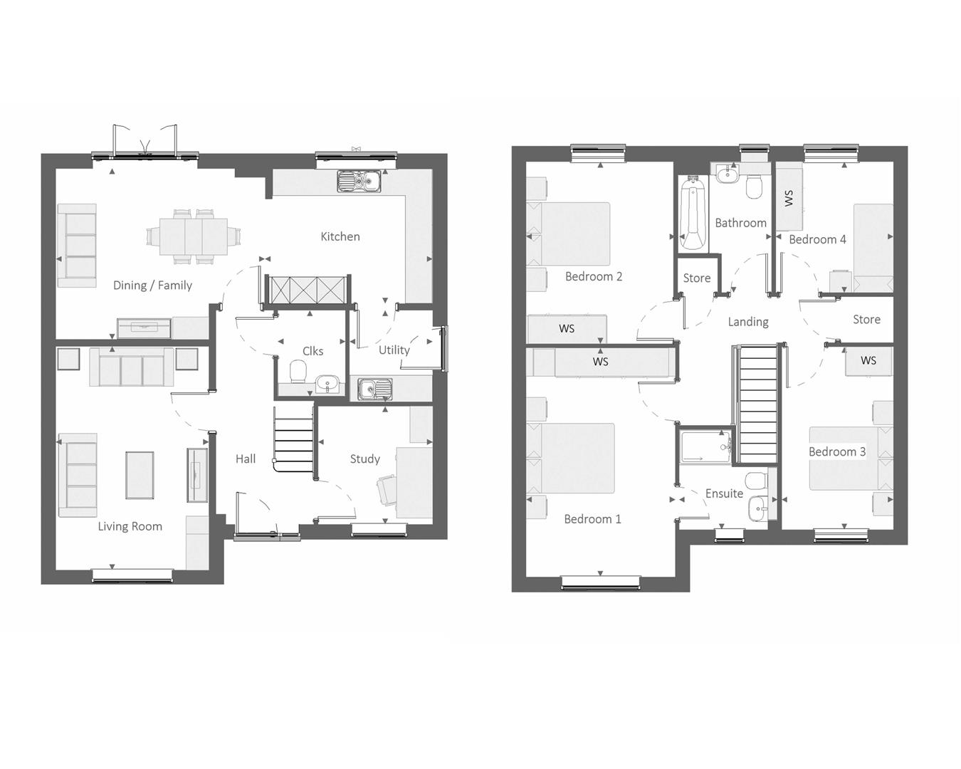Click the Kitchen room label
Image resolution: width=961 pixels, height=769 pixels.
coord(340,236)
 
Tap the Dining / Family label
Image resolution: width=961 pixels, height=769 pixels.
coord(152,286)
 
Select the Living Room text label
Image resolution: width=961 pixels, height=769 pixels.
coord(130,526)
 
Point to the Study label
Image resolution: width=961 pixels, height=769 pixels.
coord(364,459)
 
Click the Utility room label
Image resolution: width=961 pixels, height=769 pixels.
coord(394,350)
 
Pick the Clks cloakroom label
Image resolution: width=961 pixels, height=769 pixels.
coord(313,351)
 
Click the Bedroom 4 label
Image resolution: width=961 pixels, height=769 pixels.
coord(817,239)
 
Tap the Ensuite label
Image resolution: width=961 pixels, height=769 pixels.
coord(724,493)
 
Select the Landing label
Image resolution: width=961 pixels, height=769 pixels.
coord(747,322)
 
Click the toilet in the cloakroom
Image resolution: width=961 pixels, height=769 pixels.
coord(298,371)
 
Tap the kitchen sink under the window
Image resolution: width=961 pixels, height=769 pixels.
coord(359,182)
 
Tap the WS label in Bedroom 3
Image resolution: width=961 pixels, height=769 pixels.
coord(868,360)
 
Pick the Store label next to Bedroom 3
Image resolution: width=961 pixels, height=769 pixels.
coord(866,320)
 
